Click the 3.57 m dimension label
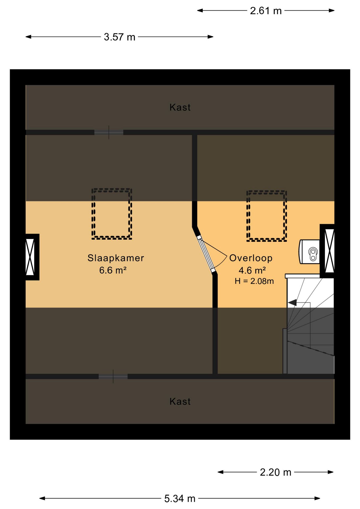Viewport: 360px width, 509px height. [120, 37]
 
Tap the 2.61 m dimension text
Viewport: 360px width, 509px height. [266, 11]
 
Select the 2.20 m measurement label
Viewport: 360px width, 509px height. [275, 472]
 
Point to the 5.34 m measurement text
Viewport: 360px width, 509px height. [180, 498]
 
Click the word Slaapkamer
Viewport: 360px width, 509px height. [116, 258]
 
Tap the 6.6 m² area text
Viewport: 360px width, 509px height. [113, 270]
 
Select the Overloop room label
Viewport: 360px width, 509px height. [251, 258]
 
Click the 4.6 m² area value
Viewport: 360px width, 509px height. [252, 270]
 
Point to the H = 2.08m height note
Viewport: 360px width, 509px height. [254, 281]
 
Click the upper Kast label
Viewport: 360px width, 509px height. [180, 107]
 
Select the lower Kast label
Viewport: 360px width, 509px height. [180, 402]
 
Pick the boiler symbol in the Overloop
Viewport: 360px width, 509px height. [309, 252]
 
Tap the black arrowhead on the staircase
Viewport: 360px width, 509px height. [292, 302]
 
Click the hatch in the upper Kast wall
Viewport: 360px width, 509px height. [109, 132]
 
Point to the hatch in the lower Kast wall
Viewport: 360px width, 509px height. [113, 376]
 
